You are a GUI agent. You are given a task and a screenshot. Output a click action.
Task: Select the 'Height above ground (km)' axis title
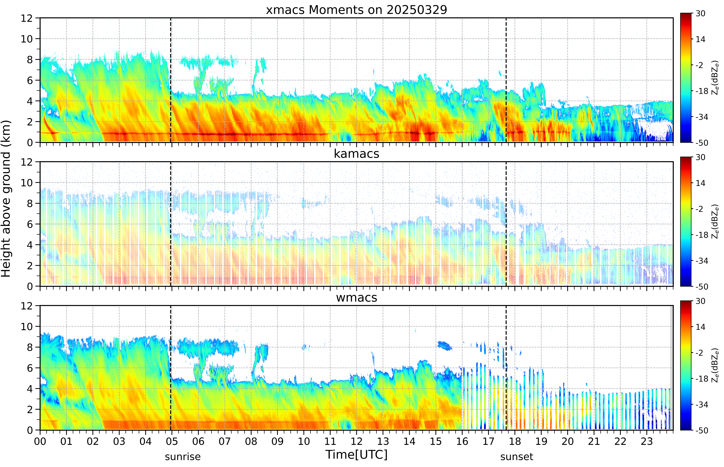[x=6, y=199]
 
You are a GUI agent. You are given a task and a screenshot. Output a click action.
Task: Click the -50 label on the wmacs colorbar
[x=702, y=430]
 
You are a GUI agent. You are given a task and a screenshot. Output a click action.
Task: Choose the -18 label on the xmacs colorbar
[x=702, y=91]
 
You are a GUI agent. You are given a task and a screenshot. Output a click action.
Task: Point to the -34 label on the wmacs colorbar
[x=702, y=405]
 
